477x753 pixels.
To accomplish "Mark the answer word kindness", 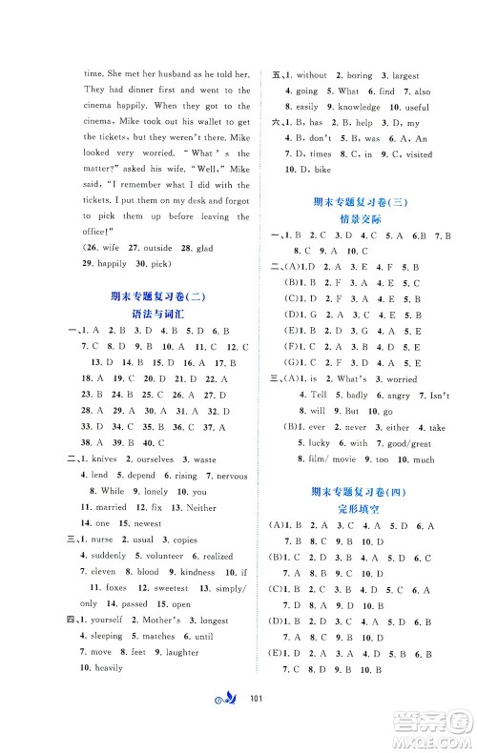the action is (197, 572).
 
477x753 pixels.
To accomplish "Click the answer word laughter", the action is (181, 652).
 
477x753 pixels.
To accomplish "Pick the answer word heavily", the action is (110, 669).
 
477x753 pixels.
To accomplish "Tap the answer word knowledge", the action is (361, 107).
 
